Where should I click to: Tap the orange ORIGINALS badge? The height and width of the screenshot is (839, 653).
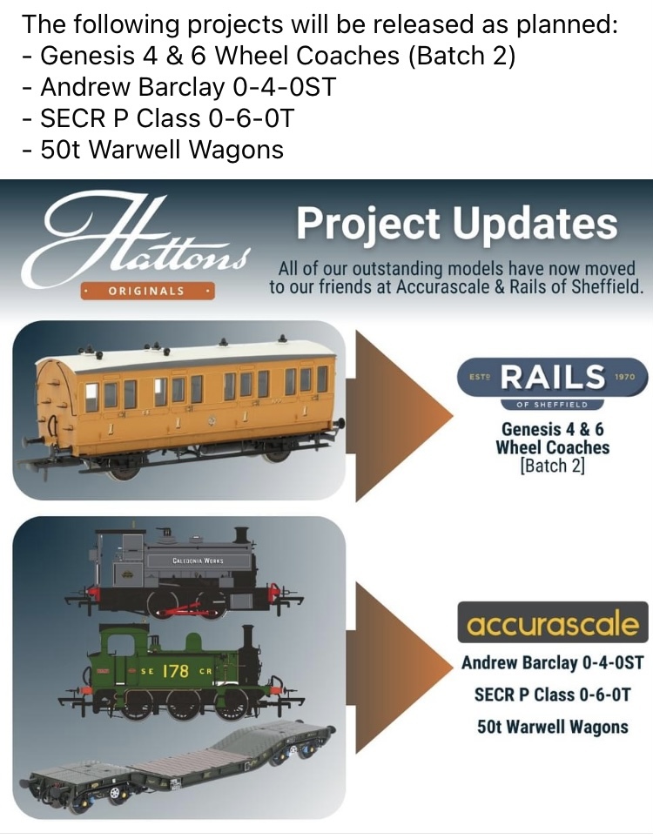point(147,291)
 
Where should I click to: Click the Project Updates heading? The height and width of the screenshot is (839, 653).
point(456,224)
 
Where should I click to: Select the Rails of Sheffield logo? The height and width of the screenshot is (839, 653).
point(553,382)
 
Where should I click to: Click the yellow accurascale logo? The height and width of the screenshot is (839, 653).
point(553,622)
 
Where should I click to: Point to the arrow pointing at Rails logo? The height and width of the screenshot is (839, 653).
point(404,416)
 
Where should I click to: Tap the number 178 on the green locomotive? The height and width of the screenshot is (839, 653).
point(176,670)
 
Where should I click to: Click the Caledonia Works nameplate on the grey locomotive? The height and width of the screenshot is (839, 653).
point(198,560)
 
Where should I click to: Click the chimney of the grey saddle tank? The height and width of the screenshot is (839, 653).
point(242,537)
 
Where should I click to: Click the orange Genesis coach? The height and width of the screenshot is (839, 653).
point(179,406)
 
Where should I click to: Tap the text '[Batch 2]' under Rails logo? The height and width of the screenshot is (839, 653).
point(552,466)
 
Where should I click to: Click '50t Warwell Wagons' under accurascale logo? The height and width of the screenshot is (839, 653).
point(553,727)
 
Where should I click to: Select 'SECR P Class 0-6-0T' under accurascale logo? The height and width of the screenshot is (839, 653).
point(553,695)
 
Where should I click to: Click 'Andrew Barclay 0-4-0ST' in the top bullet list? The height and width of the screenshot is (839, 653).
point(188,87)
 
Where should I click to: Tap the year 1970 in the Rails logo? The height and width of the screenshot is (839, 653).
point(624,377)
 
